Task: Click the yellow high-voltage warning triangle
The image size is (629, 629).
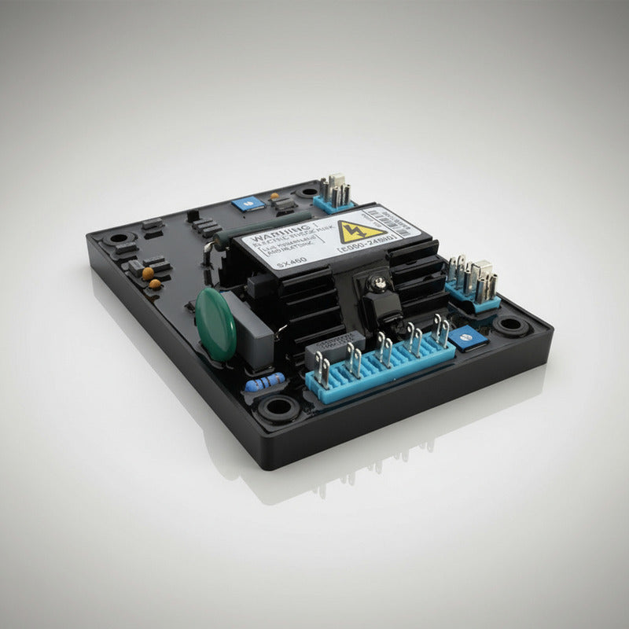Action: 351,234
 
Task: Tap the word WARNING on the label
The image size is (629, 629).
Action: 270,236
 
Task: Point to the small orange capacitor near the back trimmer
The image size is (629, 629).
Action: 274,197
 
